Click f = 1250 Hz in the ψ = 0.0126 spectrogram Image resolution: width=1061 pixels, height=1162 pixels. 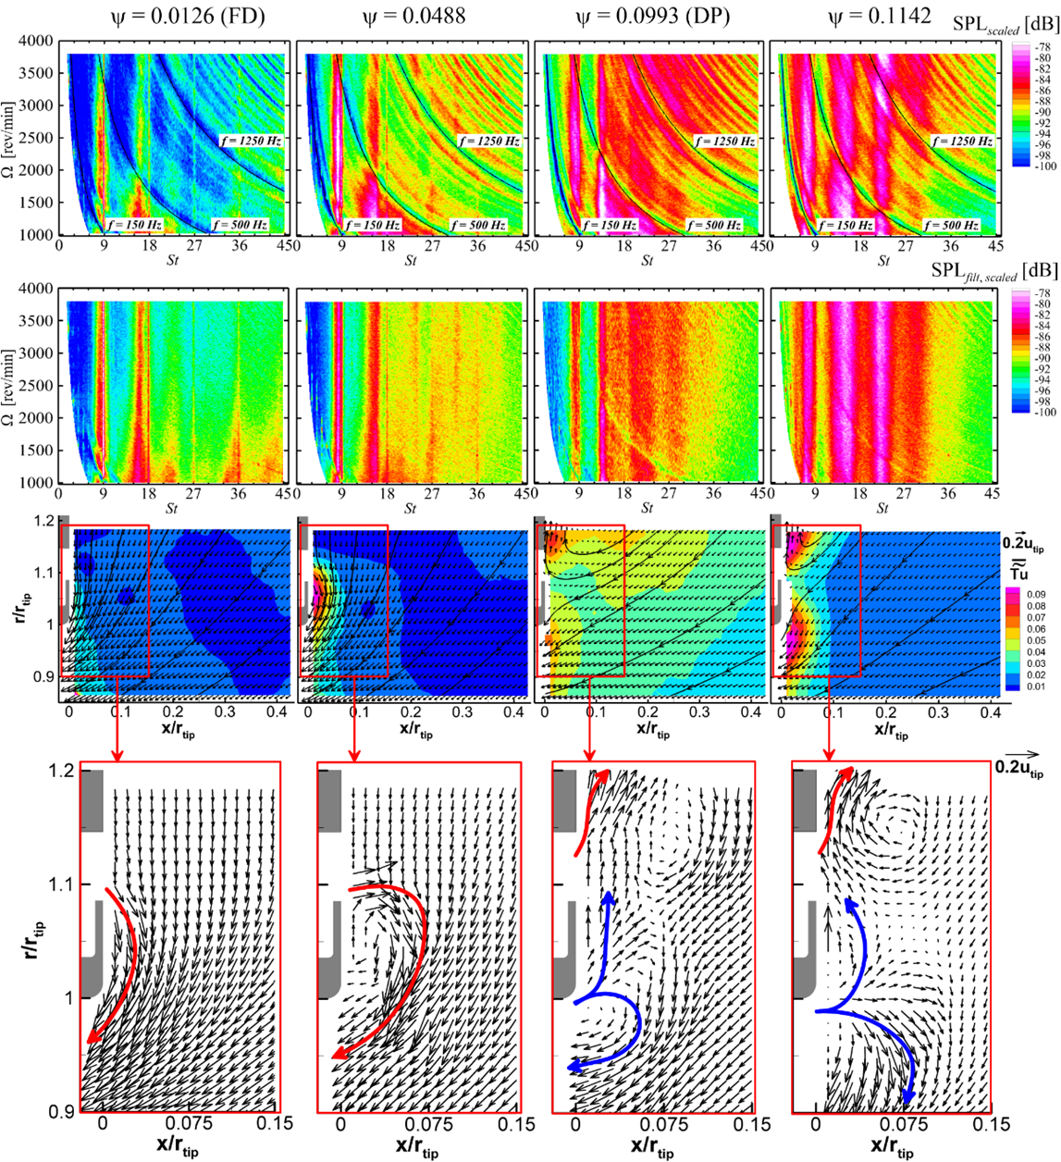tap(251, 141)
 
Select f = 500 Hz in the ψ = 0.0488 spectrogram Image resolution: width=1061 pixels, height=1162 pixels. tap(478, 225)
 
